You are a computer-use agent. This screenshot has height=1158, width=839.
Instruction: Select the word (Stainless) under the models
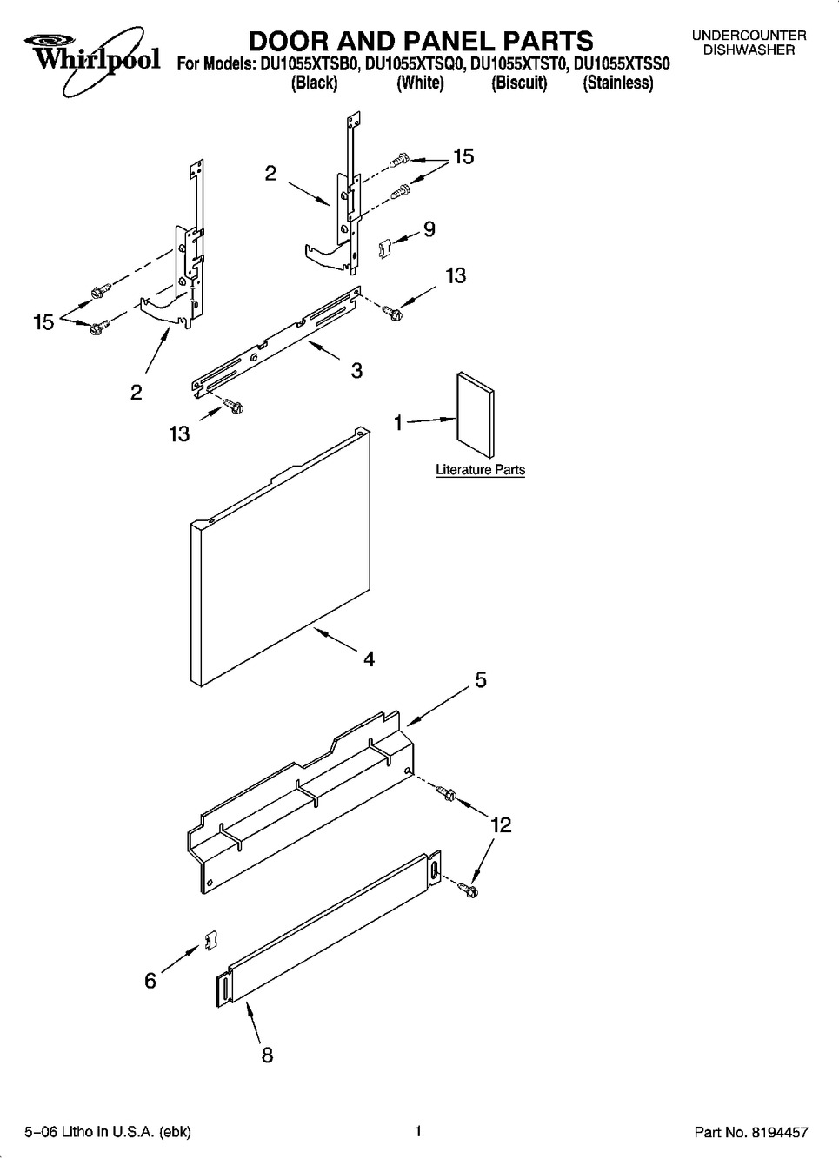tap(617, 83)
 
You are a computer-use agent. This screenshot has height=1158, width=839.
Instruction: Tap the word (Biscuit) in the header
tap(519, 83)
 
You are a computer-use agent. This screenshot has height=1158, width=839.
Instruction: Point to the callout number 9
tap(429, 229)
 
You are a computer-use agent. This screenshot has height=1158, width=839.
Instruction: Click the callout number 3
tap(356, 371)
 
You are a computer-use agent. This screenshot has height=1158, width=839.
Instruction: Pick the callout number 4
tap(370, 658)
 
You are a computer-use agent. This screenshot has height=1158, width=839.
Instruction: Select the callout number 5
tap(481, 680)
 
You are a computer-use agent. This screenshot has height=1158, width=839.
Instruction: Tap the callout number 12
tap(502, 824)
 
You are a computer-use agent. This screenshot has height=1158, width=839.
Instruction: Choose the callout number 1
tap(398, 423)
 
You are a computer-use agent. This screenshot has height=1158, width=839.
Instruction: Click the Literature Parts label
tap(481, 469)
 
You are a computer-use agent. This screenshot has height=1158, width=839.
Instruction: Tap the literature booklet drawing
tap(476, 414)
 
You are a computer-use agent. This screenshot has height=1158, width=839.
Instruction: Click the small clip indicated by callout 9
tap(385, 248)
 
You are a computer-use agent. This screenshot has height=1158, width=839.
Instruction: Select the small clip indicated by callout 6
tap(211, 940)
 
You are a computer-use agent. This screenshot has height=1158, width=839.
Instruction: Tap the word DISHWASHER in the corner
tap(749, 50)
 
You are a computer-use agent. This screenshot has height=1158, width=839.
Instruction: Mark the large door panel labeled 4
tap(280, 557)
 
